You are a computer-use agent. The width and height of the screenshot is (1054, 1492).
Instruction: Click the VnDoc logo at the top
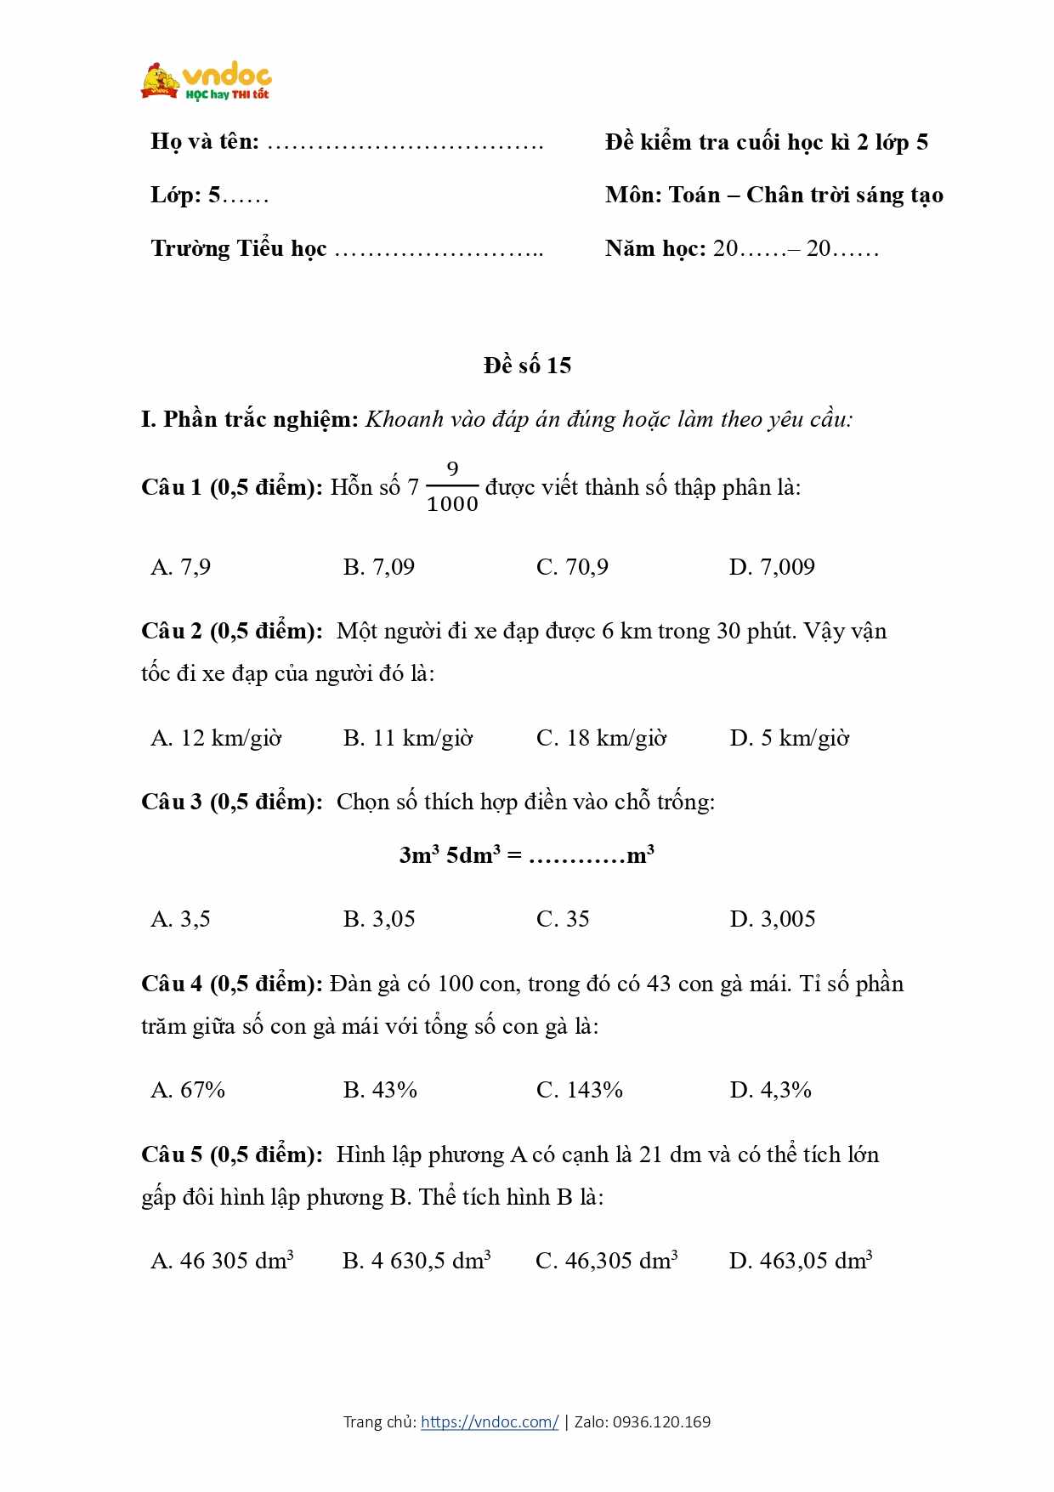coord(207,82)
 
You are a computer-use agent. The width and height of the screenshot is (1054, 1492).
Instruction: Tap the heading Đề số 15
coord(527,366)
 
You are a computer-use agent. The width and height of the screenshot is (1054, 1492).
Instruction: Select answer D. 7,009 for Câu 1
coord(771,567)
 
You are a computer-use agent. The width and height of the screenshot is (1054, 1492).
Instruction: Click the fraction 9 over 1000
coord(452,487)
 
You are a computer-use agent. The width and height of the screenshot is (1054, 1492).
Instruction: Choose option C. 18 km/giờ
coord(601,738)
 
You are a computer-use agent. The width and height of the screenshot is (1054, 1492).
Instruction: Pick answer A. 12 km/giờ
coord(216,738)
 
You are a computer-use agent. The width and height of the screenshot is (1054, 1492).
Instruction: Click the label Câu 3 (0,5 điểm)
coord(231,802)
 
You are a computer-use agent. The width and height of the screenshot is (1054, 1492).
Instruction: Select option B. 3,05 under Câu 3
coord(379,919)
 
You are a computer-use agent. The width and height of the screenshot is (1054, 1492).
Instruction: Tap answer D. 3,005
coord(772,919)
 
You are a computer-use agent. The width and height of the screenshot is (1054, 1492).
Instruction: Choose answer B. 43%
coord(380,1090)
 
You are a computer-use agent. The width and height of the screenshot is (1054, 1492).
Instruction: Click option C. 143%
coord(579,1090)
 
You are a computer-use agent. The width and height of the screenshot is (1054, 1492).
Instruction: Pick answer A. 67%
coord(188,1090)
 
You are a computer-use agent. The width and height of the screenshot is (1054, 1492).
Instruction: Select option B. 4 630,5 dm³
coord(416,1260)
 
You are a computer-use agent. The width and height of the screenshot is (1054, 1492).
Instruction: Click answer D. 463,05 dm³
coord(801,1260)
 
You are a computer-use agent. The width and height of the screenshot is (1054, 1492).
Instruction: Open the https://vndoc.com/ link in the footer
coord(490,1421)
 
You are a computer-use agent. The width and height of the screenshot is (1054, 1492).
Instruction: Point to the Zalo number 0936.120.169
coord(661,1421)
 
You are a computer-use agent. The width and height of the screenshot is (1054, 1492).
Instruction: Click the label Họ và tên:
coord(205,141)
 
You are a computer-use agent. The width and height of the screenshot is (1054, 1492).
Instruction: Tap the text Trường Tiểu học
coord(239,248)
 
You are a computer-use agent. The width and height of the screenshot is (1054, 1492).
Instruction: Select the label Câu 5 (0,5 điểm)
coord(231,1154)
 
